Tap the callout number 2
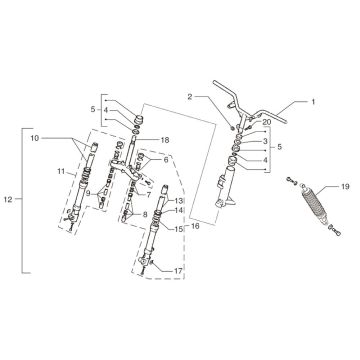187,95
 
